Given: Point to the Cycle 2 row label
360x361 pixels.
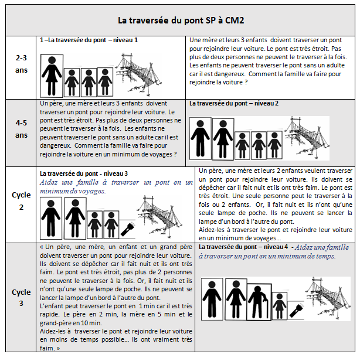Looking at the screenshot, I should coord(22,200).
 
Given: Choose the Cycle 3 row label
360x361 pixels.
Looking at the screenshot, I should coord(22,297).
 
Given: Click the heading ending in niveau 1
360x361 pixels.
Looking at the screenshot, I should coord(89,40).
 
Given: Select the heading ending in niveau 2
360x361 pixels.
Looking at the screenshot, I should coord(234,103).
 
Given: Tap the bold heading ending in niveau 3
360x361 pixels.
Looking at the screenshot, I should coord(83,173).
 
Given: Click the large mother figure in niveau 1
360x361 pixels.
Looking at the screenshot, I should coord(51,74).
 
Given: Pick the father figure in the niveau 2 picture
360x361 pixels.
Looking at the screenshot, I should coord(201,138).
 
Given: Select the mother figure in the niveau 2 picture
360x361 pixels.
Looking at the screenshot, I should coord(223,139).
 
